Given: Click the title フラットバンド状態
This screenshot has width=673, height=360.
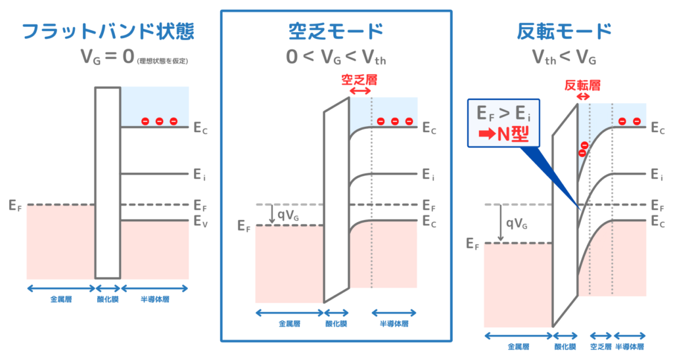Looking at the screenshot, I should pos(108,32).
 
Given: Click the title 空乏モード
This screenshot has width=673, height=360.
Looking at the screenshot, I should pos(336,32).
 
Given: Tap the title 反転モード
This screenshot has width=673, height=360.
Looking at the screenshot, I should pos(565,32).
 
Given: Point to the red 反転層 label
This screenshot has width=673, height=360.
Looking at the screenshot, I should pos(582,85).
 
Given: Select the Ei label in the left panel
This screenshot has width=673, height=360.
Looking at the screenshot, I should pos(200,174).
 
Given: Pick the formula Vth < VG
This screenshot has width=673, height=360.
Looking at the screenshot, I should pos(564,58).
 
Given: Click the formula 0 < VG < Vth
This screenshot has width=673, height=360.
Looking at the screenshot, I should pos(336,58).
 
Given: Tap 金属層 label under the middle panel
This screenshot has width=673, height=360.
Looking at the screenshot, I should pos(289,324).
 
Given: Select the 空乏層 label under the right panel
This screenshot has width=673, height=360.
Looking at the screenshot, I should pos(599,347).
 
